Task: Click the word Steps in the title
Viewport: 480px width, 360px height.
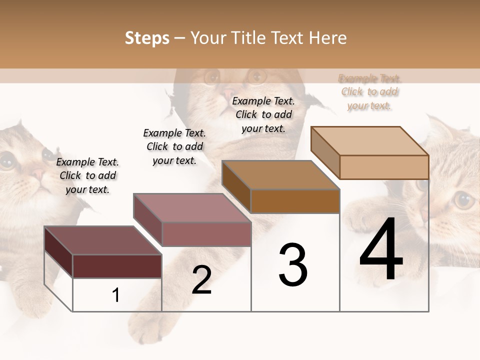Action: [147, 38]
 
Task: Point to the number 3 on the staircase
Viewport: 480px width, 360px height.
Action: [293, 265]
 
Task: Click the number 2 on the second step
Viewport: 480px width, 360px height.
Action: [201, 280]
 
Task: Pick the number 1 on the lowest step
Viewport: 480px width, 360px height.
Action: [116, 295]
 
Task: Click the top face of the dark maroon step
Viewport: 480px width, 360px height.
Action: [102, 240]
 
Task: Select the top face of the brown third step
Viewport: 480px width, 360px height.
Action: [280, 175]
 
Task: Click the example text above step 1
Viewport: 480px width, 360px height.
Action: [87, 175]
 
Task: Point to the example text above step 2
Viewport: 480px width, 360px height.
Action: [174, 146]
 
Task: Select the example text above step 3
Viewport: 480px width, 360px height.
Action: [263, 114]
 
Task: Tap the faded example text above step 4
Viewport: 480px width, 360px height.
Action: [369, 92]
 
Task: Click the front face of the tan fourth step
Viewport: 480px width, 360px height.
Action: [384, 167]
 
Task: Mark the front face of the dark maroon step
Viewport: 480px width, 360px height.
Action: [117, 266]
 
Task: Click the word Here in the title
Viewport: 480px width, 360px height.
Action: [327, 38]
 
